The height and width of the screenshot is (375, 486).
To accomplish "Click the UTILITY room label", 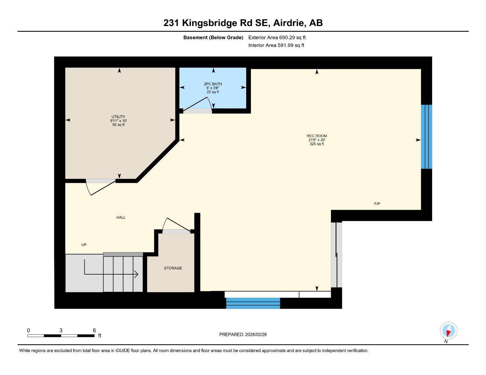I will pos(118,117).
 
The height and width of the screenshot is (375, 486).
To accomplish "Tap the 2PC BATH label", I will pos(213,84).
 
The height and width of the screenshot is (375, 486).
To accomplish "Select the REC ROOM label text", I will pos(317,136).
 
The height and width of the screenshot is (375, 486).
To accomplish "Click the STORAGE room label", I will pos(173,268).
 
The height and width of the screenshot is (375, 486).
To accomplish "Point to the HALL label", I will pos(121,218).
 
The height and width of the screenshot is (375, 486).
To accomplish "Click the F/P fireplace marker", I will pos(377,204).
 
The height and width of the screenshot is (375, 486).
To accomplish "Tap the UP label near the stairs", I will pos(84,245).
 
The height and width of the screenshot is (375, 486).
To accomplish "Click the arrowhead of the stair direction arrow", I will pos(136,274).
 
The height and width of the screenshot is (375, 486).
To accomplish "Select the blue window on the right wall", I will pos(426,137).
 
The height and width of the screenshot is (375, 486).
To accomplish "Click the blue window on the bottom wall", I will pos(253,303).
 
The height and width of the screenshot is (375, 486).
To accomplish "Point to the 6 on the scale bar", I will pos(94,330).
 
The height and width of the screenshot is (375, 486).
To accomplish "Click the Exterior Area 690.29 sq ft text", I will pos(277,37).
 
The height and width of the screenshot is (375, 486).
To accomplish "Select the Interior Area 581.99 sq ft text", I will pos(276,45).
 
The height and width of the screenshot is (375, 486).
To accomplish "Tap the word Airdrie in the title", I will pos(289,23).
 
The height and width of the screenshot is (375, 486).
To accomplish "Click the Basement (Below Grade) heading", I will pos(213,37).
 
